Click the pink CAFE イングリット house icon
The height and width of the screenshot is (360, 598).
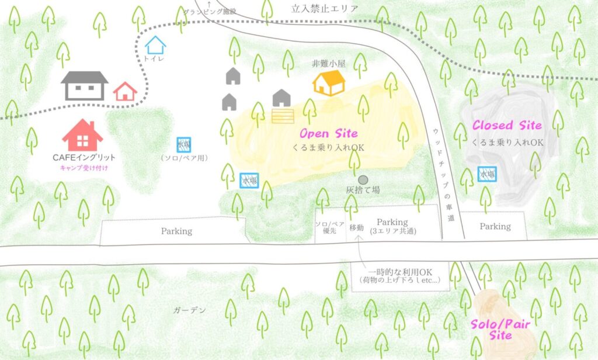point(82,136)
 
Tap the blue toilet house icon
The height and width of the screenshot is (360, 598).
point(155,45)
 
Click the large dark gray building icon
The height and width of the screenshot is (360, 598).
point(85,85)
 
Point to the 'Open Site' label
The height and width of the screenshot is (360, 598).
point(328,134)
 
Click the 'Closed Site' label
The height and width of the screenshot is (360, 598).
point(507,126)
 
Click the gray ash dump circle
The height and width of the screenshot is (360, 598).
point(363,179)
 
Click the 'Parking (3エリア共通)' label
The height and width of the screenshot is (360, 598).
point(392,227)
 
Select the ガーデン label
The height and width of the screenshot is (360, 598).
point(190,310)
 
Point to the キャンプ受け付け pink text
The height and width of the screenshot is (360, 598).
point(84,168)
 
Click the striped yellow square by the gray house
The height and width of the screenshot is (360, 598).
point(283,115)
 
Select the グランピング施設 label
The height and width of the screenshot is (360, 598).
point(210,11)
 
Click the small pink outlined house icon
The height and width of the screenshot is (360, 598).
point(125,91)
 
